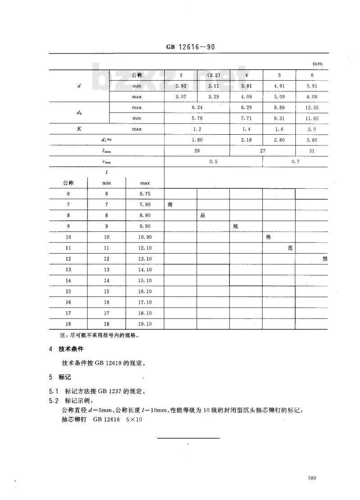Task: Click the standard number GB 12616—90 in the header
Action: (x=189, y=47)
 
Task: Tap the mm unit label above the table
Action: (x=318, y=64)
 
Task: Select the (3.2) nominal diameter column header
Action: (x=213, y=75)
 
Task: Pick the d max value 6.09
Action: (x=312, y=96)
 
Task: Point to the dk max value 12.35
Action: (x=312, y=108)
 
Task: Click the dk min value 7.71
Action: (x=246, y=118)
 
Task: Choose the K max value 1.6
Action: (x=279, y=129)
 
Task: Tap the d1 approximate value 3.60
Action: (x=312, y=140)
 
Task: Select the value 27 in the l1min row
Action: (x=262, y=151)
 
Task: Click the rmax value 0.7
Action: (x=295, y=161)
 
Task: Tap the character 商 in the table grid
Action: (x=170, y=205)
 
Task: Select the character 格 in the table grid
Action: (x=269, y=237)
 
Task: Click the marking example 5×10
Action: (x=127, y=418)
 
